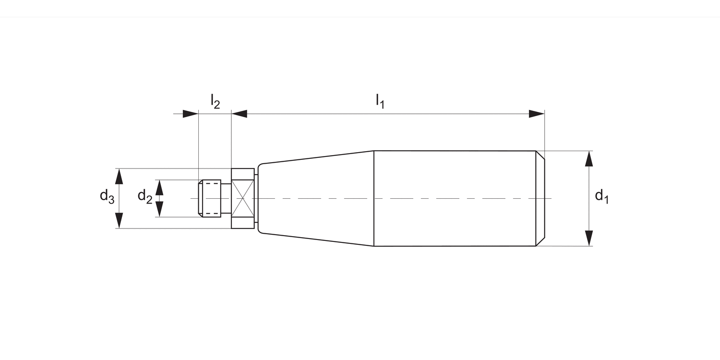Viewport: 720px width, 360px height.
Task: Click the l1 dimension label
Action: point(380,101)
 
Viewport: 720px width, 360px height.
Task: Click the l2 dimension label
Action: point(215,101)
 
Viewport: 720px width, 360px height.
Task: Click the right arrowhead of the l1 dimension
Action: point(536,114)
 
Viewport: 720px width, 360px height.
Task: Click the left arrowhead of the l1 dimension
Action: point(240,114)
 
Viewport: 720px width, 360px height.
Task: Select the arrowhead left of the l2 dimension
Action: point(190,114)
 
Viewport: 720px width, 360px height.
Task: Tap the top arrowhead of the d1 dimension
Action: point(589,158)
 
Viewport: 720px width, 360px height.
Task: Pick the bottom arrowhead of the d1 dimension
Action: point(589,238)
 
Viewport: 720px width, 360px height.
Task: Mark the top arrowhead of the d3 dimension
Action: point(120,176)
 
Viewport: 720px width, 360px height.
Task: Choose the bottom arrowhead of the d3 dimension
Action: point(120,220)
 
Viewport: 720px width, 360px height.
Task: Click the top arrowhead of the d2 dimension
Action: point(160,188)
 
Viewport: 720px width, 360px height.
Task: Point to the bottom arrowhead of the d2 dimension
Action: point(160,209)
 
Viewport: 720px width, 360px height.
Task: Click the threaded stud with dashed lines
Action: point(210,198)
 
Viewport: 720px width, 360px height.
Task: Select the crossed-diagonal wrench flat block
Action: point(243,198)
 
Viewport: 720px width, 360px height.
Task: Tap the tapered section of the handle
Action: point(317,198)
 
